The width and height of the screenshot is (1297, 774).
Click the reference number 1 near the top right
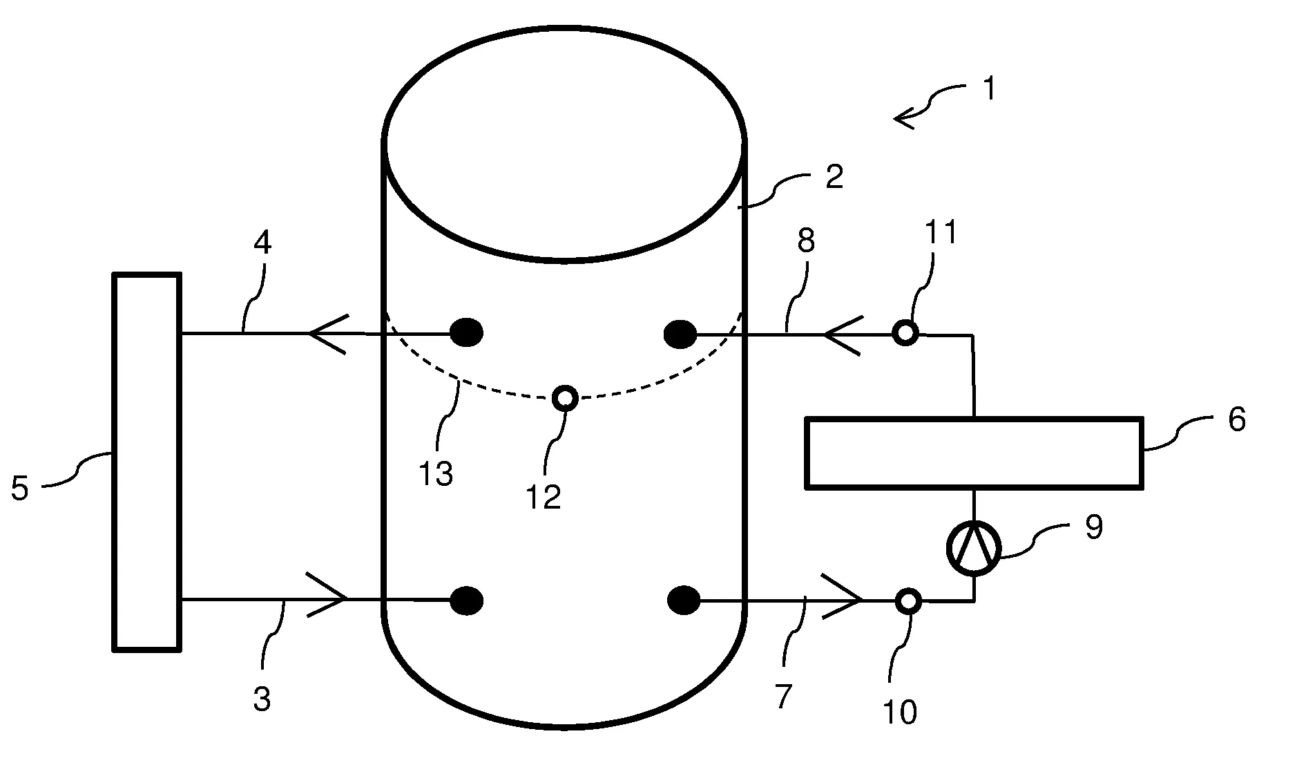point(989,90)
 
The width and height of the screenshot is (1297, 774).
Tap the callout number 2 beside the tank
point(834,177)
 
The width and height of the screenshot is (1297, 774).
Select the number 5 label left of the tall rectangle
point(19,488)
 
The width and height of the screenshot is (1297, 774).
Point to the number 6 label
point(1236,419)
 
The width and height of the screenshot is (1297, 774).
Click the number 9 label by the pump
point(1093,528)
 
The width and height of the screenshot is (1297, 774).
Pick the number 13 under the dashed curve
point(436,474)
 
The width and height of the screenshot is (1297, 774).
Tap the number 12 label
point(544,497)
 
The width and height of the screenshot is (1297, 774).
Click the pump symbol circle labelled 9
point(973,549)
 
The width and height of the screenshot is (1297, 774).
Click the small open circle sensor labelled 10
point(909,601)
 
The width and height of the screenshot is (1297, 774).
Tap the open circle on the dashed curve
point(566,398)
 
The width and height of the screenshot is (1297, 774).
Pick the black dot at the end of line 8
point(680,334)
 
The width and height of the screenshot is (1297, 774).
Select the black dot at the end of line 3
point(467,600)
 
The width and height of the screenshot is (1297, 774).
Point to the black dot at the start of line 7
point(684,600)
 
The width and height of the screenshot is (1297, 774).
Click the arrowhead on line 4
point(326,333)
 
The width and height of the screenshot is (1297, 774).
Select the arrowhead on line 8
point(841,334)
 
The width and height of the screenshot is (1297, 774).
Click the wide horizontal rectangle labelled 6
point(974,453)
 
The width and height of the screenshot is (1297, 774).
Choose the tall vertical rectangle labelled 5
point(146,462)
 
